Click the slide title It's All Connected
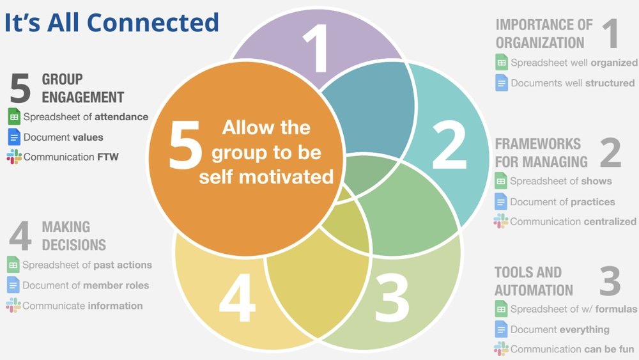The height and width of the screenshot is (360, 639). coord(112,23)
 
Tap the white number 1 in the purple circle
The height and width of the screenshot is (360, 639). coord(317,50)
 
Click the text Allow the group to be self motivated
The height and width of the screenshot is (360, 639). coord(266,152)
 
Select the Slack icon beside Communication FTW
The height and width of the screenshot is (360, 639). coord(14,157)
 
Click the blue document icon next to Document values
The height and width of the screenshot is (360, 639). coord(14,137)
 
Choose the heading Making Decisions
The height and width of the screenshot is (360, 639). coord(73,236)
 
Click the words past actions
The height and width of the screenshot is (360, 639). coord(122,265)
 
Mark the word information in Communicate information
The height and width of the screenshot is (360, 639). coord(115,306)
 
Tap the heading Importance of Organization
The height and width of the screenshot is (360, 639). coord(544,34)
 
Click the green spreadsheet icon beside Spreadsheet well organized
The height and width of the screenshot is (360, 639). coord(502,62)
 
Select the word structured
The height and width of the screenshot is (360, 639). coord(610,83)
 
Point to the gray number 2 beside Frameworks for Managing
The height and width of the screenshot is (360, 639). coord(610,152)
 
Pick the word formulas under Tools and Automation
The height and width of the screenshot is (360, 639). coord(615,309)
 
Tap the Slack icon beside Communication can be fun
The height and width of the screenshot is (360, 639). coord(501,349)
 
